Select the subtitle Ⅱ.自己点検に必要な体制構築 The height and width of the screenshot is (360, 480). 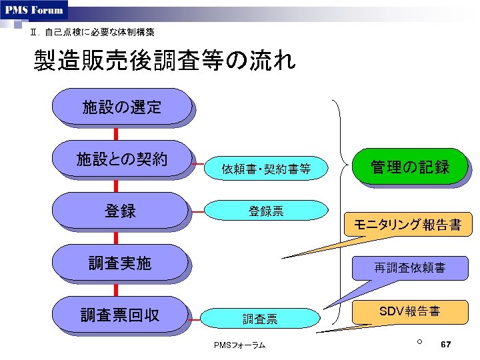point(93,32)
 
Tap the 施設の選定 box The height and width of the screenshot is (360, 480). point(121,107)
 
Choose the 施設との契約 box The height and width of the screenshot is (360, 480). point(121,159)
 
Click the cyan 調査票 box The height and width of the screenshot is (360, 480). point(260,319)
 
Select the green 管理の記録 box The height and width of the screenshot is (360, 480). point(410,167)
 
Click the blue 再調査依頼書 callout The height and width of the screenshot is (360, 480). point(409,269)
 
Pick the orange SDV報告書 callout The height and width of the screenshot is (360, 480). point(409,311)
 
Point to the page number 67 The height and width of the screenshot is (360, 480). point(447,344)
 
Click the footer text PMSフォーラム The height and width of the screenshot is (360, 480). point(240,345)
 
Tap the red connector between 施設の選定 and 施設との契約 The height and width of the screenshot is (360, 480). point(116,133)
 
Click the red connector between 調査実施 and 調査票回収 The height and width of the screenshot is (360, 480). point(116,289)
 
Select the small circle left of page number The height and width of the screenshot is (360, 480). point(419,342)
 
